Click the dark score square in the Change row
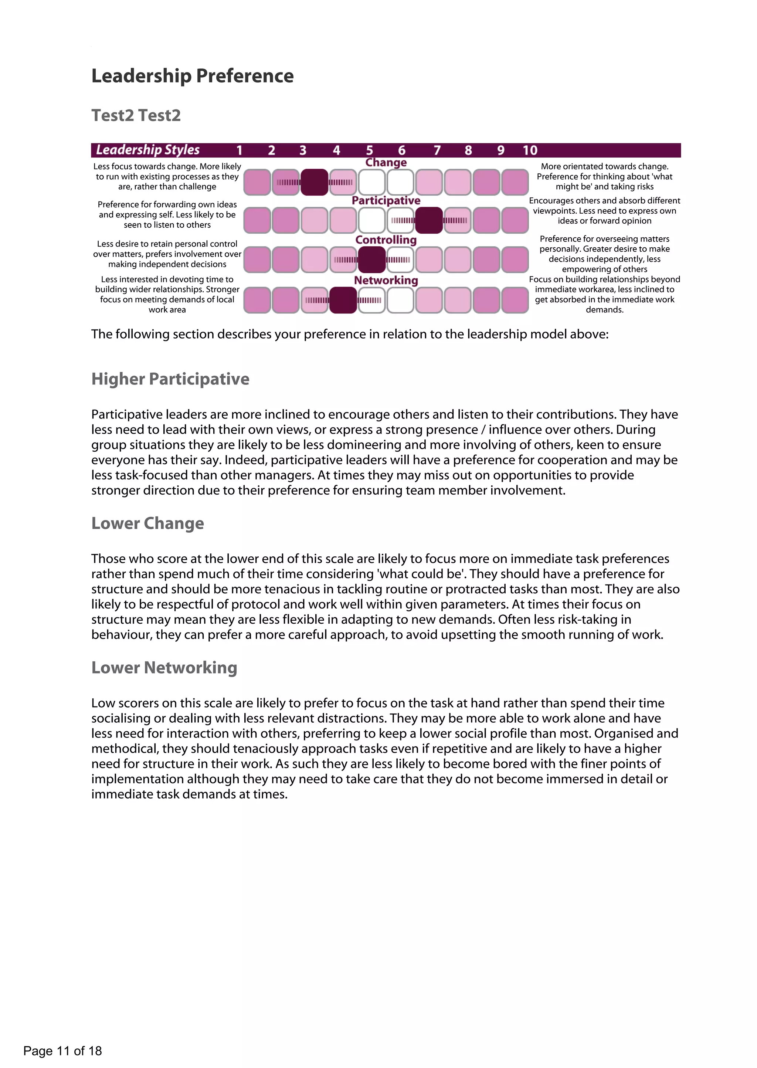(314, 182)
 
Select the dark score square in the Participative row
(429, 220)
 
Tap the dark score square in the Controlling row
(371, 260)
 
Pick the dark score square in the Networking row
(343, 300)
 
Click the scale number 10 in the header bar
(530, 150)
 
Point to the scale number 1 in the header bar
(240, 150)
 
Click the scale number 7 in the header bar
(437, 150)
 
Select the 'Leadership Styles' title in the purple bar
(148, 150)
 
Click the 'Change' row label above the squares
(386, 162)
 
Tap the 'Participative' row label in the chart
(386, 200)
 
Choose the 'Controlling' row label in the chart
(386, 240)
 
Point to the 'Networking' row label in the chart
(386, 280)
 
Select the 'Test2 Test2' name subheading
(136, 115)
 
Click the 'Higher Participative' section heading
(170, 379)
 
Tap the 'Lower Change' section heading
(148, 523)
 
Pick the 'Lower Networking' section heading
(164, 668)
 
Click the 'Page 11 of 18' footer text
(62, 1051)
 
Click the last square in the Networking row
(515, 300)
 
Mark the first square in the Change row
(257, 182)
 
